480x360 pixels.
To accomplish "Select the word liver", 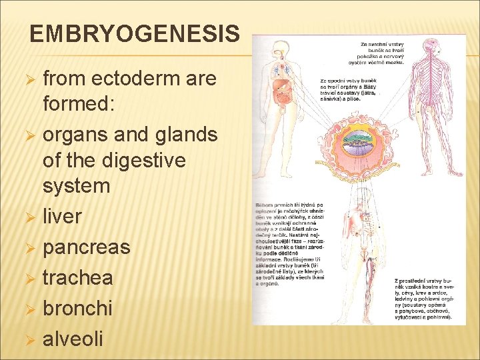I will tap(62, 217).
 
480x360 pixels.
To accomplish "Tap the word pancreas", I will tap(86, 247).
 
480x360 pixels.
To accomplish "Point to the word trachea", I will tap(78, 277).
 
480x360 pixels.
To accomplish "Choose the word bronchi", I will tap(77, 308).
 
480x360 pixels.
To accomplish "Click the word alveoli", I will tap(73, 339).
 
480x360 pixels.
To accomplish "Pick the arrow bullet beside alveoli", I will tap(29, 339).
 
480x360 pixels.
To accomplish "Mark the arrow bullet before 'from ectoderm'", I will tap(29, 79).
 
